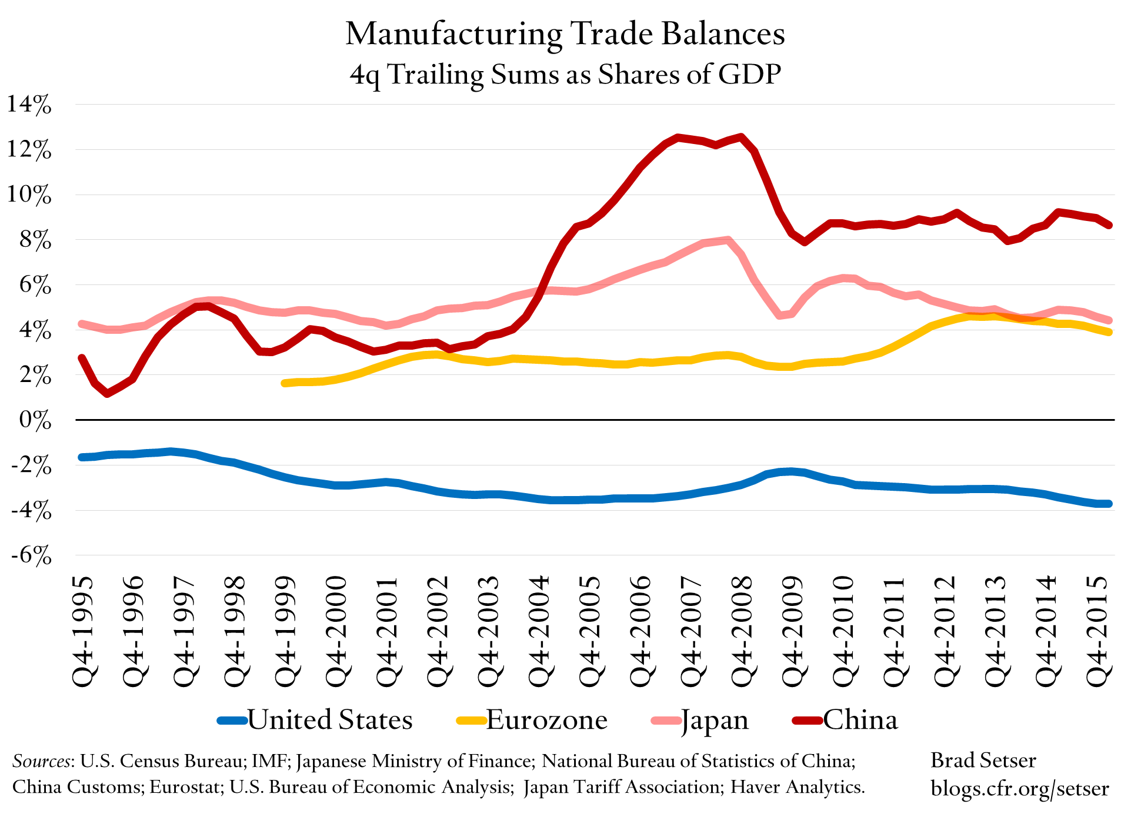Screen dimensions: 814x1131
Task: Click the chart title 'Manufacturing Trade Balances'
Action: tap(565, 34)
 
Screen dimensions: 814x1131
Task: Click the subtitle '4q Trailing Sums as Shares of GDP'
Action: tap(565, 75)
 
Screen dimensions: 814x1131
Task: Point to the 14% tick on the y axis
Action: tap(29, 105)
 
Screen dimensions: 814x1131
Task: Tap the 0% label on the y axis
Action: tap(35, 420)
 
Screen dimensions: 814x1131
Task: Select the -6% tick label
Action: tap(31, 555)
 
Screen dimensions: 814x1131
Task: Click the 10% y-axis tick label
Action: tap(29, 195)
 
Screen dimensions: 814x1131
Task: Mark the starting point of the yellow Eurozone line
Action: tap(285, 383)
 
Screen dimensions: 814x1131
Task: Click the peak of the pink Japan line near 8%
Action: tap(728, 240)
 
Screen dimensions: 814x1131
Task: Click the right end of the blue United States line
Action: tap(1109, 504)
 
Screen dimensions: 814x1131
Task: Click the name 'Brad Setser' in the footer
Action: tap(983, 761)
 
